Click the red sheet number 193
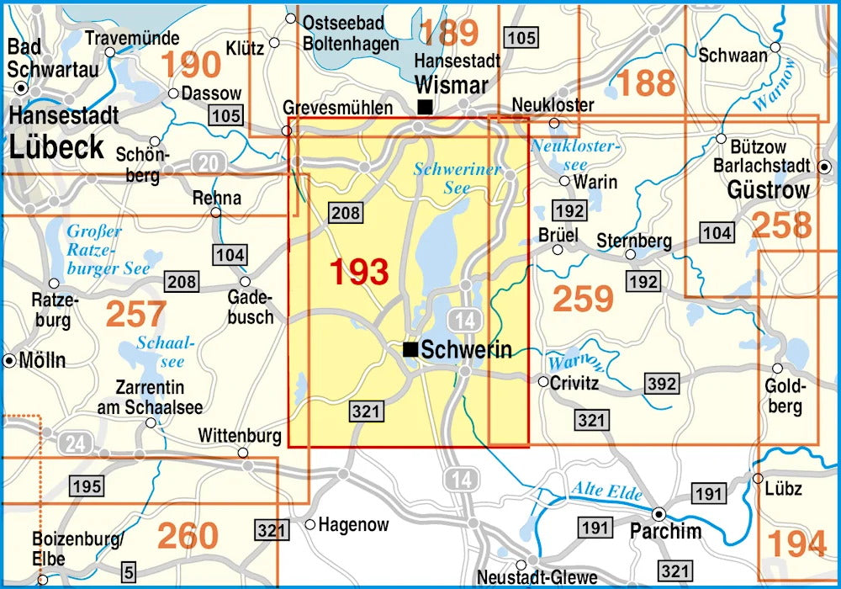(359, 272)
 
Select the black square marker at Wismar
(426, 107)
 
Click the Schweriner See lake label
(458, 178)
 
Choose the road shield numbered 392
(662, 385)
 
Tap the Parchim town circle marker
(659, 512)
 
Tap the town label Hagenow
(353, 525)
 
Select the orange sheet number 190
(191, 64)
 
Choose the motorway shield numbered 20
(206, 162)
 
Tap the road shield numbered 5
(129, 571)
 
